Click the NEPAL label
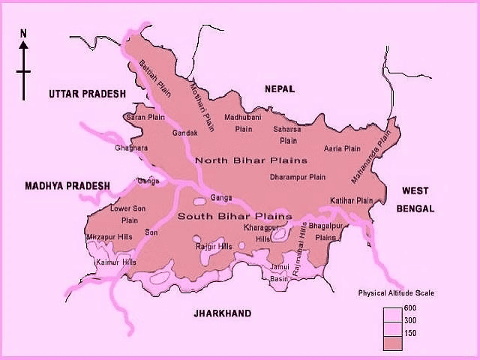pos(280,89)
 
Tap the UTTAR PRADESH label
pos(86,94)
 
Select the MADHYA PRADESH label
pos(67,186)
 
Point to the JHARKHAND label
pos(220,313)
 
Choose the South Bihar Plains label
pos(223,216)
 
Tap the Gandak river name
pos(185,133)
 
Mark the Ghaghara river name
pos(131,148)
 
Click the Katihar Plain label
pos(351,200)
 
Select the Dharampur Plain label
pos(298,178)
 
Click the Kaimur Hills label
pos(116,262)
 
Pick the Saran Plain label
pos(145,118)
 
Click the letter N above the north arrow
pos(23,33)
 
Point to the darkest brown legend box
pos(393,343)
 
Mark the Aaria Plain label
pos(342,149)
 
